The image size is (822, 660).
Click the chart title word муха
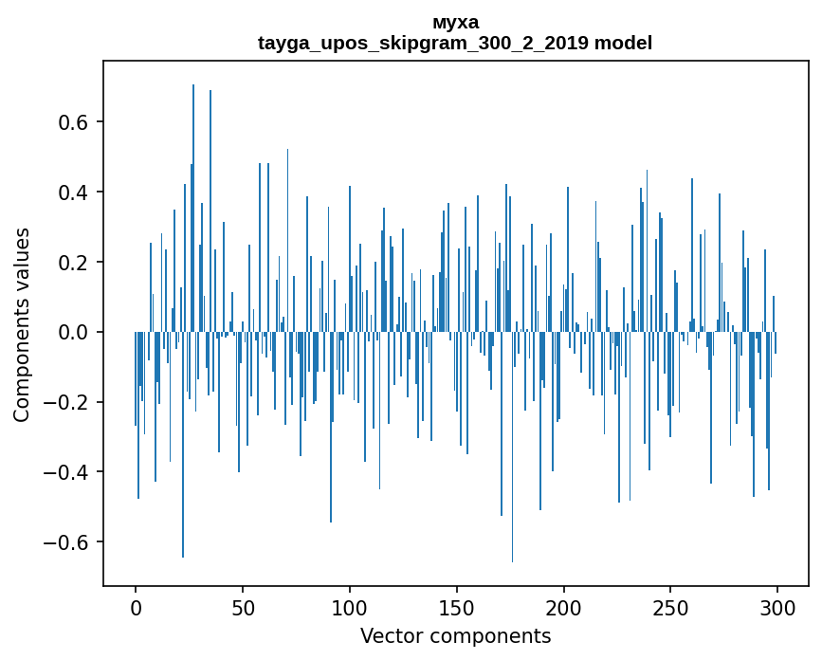click(x=455, y=23)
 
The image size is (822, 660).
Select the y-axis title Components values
click(x=22, y=324)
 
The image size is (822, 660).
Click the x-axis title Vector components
click(x=455, y=635)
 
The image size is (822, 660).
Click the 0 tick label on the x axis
click(x=136, y=607)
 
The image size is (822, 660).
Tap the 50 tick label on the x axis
click(x=243, y=607)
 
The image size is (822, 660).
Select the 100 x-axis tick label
click(x=350, y=607)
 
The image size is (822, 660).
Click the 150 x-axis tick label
click(x=457, y=607)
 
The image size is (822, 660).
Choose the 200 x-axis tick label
click(x=564, y=607)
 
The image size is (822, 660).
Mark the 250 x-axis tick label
click(x=671, y=607)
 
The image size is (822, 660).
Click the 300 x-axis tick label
click(x=778, y=607)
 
